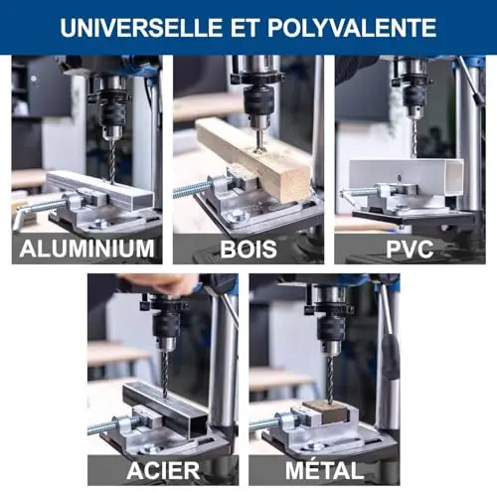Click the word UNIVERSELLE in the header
click(141, 28)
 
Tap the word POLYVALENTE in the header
click(352, 28)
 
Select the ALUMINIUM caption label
click(87, 248)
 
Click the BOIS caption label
click(248, 249)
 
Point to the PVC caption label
click(410, 249)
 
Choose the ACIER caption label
click(163, 470)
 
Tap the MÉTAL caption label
click(325, 469)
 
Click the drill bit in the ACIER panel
click(165, 374)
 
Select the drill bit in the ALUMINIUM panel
click(112, 161)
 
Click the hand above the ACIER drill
click(159, 284)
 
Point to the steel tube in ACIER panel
click(165, 409)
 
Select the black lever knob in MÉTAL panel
click(391, 357)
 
